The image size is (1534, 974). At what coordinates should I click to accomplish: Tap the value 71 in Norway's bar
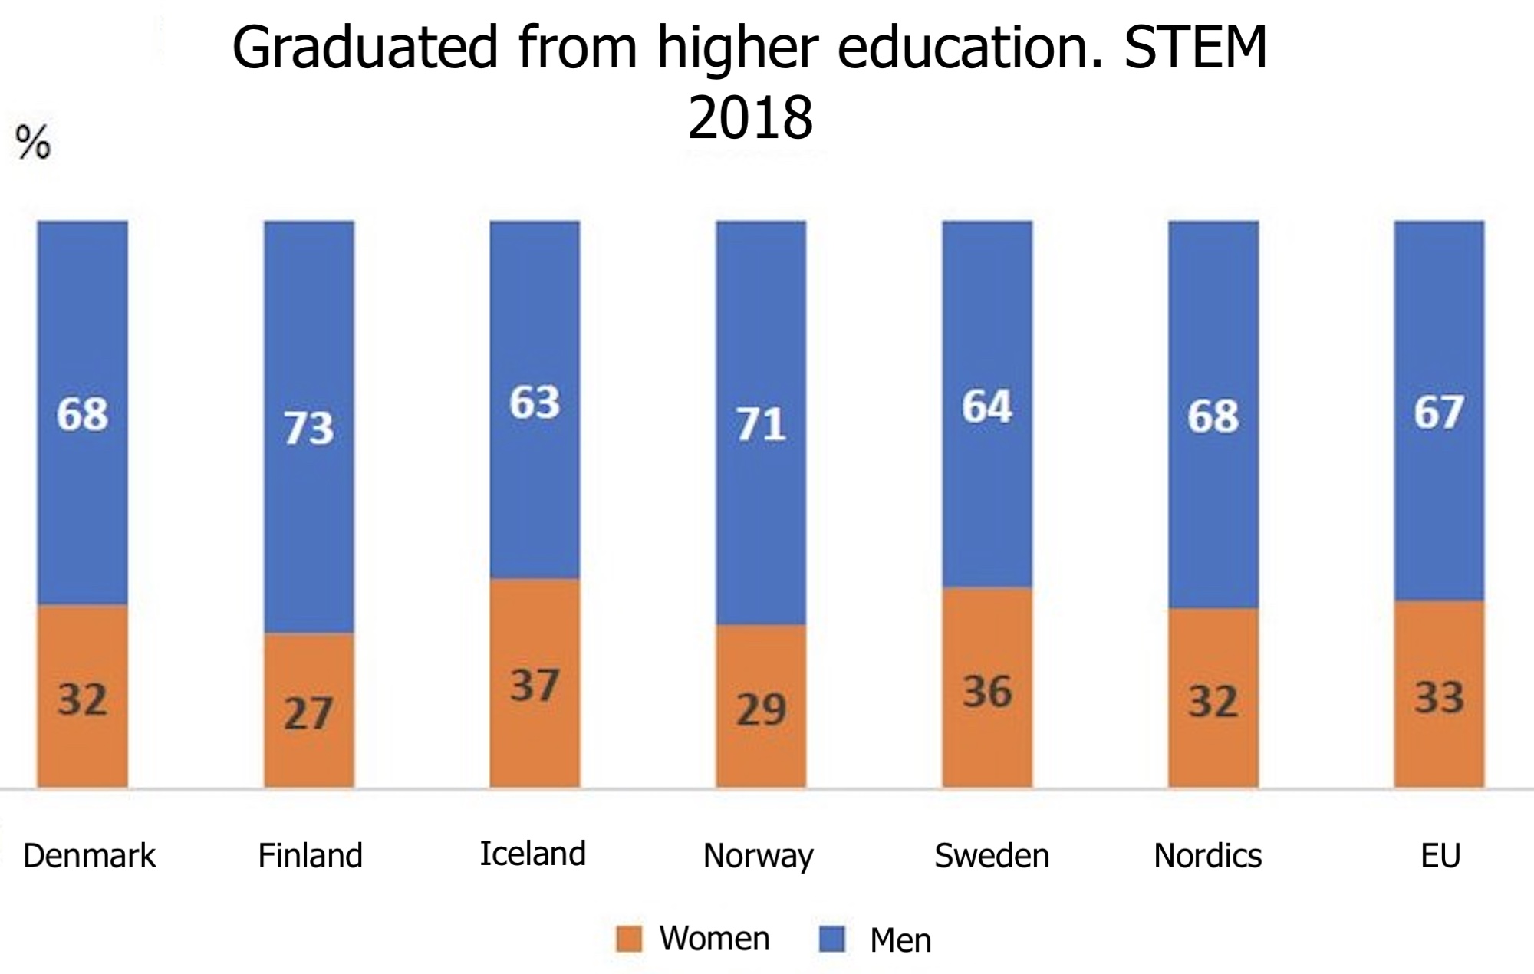(x=761, y=425)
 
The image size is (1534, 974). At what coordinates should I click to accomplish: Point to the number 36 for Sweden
(x=987, y=691)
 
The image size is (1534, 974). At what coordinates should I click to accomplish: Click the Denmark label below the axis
(x=89, y=855)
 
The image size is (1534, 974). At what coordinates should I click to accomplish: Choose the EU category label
(x=1440, y=855)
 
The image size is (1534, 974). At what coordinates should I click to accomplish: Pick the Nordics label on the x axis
(x=1207, y=855)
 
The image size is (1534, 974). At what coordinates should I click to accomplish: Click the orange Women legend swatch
(x=628, y=939)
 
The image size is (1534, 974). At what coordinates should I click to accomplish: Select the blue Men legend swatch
(x=832, y=939)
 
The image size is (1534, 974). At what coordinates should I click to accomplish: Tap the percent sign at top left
(x=33, y=142)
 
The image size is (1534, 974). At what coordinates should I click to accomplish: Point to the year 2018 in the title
(x=750, y=118)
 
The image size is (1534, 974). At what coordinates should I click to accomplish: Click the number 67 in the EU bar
(x=1439, y=413)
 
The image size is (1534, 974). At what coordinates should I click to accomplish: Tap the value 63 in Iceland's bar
(x=535, y=402)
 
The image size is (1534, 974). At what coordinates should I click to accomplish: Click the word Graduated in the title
(x=365, y=48)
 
